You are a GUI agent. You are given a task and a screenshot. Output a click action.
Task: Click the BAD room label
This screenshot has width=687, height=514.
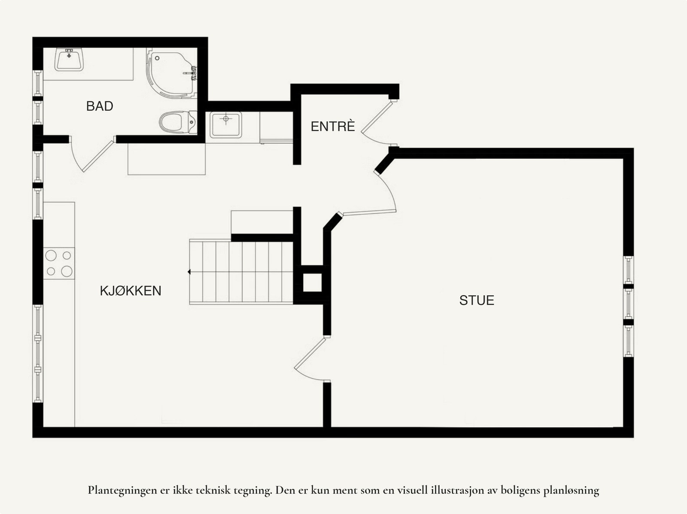click(x=100, y=106)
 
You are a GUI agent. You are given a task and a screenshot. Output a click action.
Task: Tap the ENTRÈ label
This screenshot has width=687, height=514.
click(x=333, y=127)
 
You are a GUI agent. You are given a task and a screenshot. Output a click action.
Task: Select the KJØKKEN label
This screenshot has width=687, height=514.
click(x=131, y=291)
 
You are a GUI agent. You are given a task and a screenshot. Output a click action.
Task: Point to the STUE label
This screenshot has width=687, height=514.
click(x=477, y=300)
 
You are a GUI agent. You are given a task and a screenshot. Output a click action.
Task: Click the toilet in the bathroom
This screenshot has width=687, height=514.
click(x=177, y=122)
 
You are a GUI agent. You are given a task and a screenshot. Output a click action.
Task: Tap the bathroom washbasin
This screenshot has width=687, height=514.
click(x=69, y=60)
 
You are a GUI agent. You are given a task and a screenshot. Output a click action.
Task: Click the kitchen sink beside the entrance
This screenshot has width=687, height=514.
click(x=226, y=124)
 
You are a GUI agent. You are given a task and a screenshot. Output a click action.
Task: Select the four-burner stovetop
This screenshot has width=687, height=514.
click(x=59, y=263)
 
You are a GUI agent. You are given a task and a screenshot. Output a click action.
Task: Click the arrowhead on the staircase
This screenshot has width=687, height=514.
click(x=189, y=272)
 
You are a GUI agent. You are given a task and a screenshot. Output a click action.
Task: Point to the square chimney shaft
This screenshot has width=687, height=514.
click(x=312, y=282)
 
